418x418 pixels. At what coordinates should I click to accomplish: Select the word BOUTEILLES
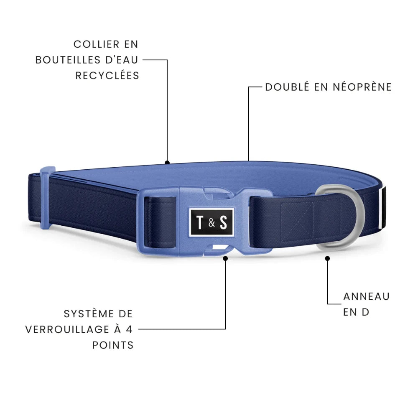click(x=68, y=60)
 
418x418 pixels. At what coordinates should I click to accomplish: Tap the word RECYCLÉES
click(x=107, y=75)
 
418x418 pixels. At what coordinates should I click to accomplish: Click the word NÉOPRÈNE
click(x=362, y=87)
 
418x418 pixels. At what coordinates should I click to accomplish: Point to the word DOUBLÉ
click(x=287, y=87)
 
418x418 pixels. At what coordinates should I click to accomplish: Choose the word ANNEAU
click(x=367, y=296)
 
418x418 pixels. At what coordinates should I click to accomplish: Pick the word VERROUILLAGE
click(x=67, y=329)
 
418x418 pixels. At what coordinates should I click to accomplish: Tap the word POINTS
click(x=113, y=345)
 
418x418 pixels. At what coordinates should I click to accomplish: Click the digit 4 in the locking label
click(x=129, y=329)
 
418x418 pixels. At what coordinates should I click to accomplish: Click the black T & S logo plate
click(x=211, y=222)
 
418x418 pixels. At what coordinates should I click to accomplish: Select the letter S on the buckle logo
click(x=224, y=222)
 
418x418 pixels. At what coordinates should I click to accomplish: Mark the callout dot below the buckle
click(x=225, y=258)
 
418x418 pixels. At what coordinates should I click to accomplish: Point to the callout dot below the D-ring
click(x=328, y=258)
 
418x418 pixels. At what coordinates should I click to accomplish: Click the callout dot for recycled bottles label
click(x=167, y=162)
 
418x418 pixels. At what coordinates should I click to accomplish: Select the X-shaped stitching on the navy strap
click(x=297, y=220)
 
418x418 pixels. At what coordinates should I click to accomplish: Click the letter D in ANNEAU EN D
click(x=365, y=312)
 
